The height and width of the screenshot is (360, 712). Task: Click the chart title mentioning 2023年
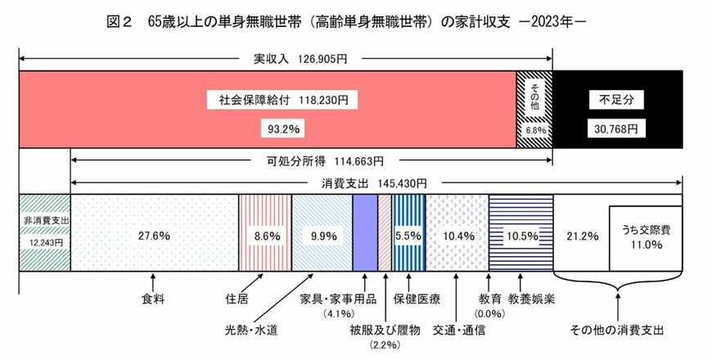355,22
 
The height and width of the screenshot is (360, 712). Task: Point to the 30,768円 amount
617,128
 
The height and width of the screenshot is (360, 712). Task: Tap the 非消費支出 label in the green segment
44,220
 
